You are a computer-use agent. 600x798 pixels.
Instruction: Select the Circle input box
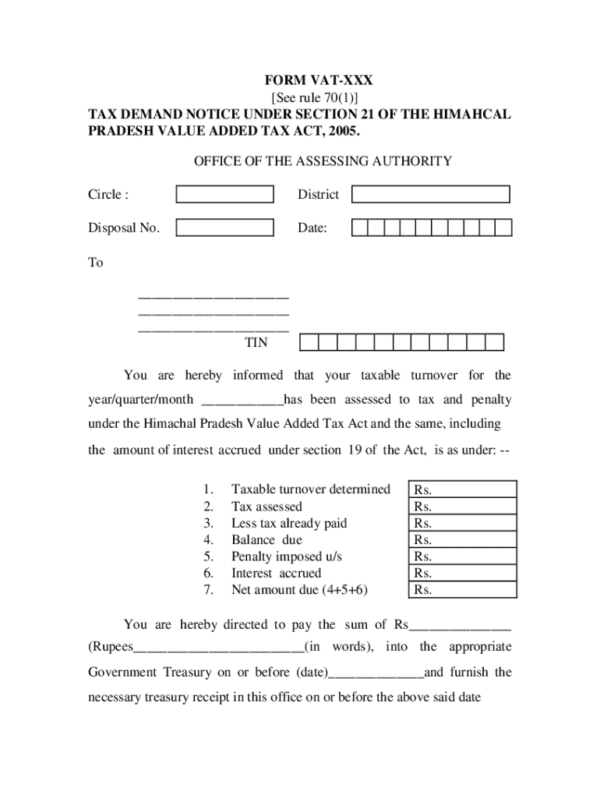[x=224, y=194]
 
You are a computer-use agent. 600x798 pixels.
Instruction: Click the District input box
[x=430, y=194]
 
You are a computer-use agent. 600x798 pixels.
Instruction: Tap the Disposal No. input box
[x=224, y=228]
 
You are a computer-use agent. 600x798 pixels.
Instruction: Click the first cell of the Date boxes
[x=359, y=228]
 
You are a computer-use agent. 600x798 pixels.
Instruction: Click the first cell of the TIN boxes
[x=309, y=342]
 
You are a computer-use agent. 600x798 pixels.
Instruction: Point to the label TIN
[x=256, y=342]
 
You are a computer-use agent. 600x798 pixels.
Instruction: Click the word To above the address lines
[x=95, y=263]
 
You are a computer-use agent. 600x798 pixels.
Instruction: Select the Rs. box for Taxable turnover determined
[x=463, y=490]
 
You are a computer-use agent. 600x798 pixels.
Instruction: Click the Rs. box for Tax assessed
[x=463, y=507]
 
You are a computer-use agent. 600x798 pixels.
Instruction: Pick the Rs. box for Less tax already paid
[x=463, y=523]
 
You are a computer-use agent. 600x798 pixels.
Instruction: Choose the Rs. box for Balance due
[x=463, y=540]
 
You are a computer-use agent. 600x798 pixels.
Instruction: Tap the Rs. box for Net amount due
[x=463, y=590]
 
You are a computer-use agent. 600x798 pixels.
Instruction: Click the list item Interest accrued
[x=276, y=573]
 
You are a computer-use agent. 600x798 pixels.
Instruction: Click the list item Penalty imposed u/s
[x=286, y=556]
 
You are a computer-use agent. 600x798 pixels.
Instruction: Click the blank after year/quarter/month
[x=242, y=401]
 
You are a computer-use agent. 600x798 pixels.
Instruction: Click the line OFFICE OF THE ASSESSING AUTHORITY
[x=323, y=161]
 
